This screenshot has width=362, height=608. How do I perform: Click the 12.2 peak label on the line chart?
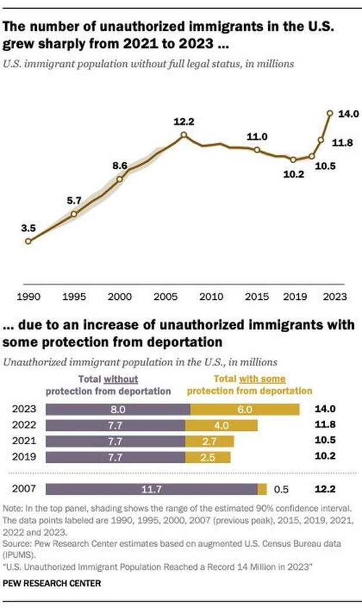(x=183, y=122)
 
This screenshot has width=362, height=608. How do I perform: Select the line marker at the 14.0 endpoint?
(x=330, y=113)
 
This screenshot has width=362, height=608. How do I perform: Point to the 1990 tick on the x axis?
(x=29, y=297)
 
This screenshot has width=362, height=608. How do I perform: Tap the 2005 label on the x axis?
(x=163, y=297)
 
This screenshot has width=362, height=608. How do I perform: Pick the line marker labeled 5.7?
(x=74, y=214)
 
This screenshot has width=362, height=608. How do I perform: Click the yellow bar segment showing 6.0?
(x=245, y=409)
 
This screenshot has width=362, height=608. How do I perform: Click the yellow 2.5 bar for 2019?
(x=208, y=456)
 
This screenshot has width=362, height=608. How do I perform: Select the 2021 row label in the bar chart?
(x=24, y=441)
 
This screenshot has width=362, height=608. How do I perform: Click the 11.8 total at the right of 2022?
(x=324, y=425)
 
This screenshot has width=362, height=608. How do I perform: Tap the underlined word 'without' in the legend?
(x=121, y=379)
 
